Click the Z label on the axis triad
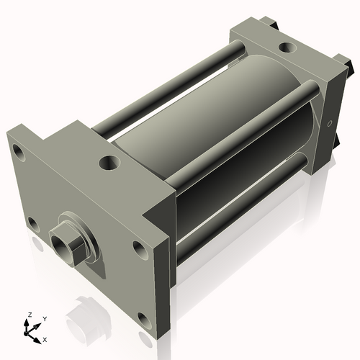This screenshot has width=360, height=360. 30,315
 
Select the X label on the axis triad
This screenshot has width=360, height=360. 45,338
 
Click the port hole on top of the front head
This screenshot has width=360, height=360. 109,163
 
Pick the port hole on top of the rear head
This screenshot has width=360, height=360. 286,48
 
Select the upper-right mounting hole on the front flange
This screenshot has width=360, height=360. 139,249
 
